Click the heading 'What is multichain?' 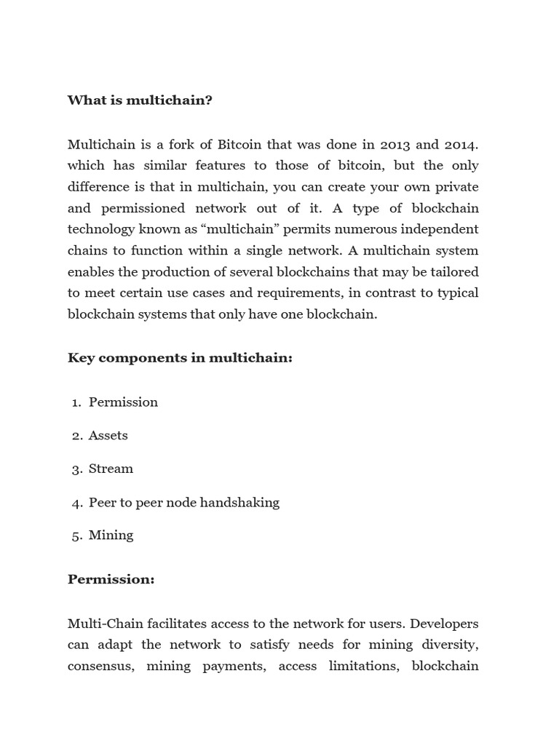tap(140, 100)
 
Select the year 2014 tap(460, 144)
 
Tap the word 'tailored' tap(454, 272)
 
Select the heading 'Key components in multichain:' tap(180, 357)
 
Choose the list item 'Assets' tap(108, 435)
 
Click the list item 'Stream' tap(111, 469)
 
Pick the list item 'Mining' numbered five tap(111, 535)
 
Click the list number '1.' tap(76, 402)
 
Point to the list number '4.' tap(77, 502)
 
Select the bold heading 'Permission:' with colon tap(111, 580)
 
